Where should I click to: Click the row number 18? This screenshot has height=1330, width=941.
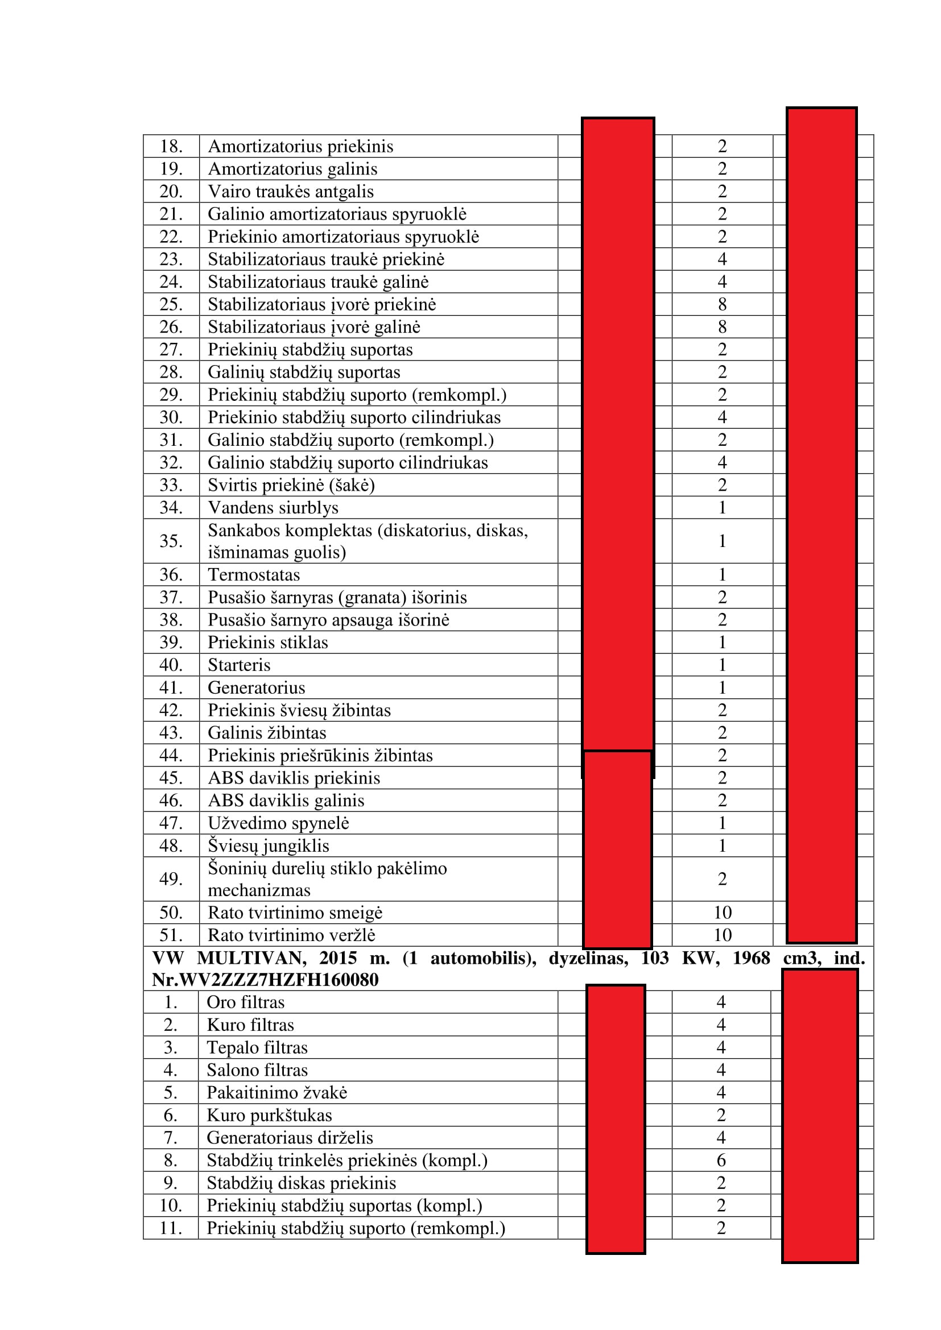click(171, 146)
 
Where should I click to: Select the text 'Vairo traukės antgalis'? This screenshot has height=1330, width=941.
click(290, 191)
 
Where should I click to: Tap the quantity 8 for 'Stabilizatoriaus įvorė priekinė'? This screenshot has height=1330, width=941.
click(721, 304)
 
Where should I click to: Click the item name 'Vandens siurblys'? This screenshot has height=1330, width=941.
click(273, 507)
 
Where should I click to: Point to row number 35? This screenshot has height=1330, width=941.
click(171, 540)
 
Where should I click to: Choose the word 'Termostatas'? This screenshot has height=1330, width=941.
click(254, 575)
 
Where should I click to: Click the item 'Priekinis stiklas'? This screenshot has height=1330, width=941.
click(268, 643)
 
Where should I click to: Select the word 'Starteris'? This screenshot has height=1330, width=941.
click(239, 665)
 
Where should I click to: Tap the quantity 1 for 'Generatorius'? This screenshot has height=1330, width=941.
click(721, 687)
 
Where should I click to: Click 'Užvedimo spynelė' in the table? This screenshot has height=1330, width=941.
click(278, 823)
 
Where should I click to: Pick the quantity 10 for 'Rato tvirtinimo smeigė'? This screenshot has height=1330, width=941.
click(722, 913)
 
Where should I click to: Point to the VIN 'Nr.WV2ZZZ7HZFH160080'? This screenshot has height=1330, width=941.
click(265, 980)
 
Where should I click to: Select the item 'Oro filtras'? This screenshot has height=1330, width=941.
click(246, 1002)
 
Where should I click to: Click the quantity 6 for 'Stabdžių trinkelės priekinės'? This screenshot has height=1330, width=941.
click(721, 1161)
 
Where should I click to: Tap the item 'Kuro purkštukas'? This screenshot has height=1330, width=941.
click(269, 1116)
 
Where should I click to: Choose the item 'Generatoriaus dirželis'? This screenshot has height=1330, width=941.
click(290, 1138)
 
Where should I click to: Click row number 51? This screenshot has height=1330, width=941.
click(171, 935)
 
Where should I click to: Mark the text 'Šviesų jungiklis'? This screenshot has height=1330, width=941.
click(269, 846)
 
